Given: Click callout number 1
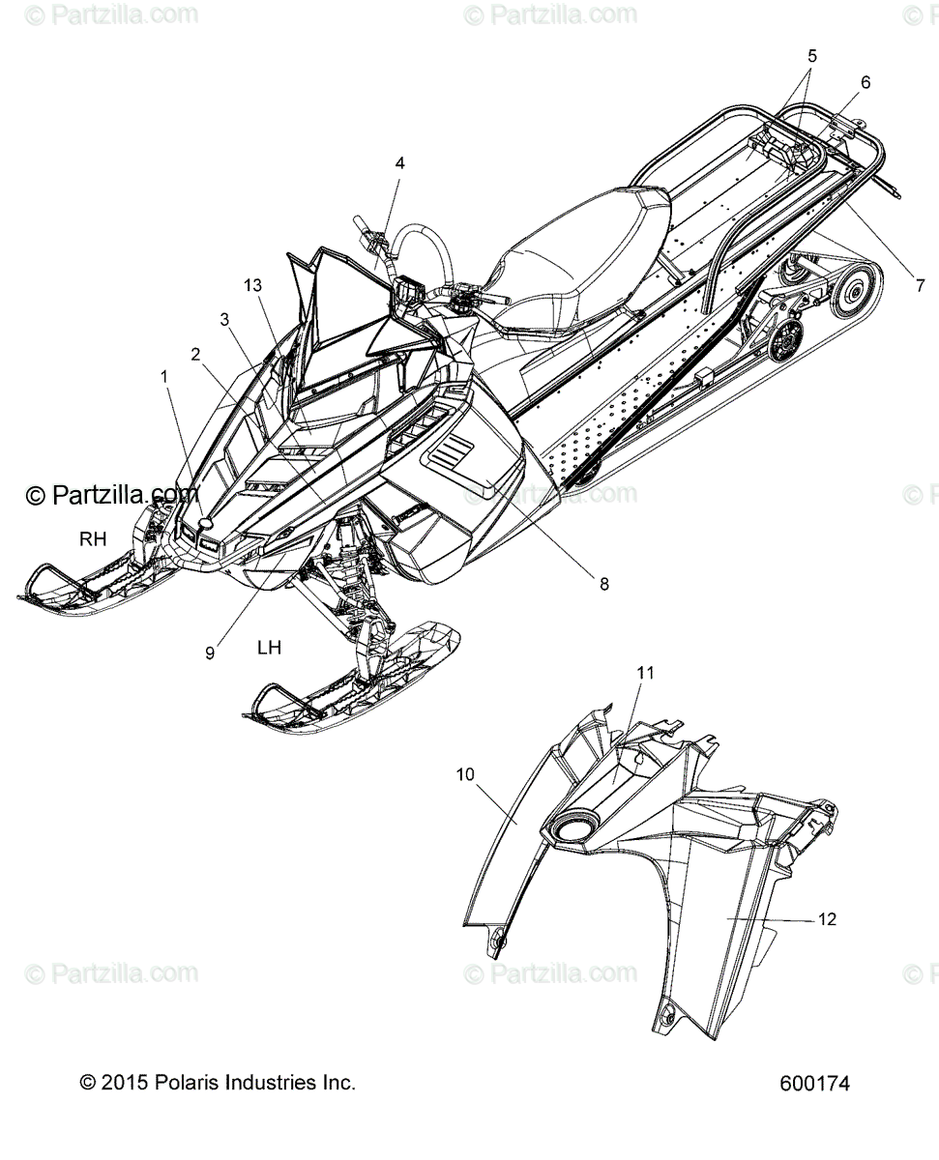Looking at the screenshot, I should point(164,376).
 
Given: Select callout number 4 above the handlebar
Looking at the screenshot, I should point(398,162).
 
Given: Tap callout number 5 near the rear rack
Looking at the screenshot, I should point(811,56).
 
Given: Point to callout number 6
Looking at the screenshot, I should point(865,82).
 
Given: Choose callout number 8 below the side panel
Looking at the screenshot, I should point(603,583).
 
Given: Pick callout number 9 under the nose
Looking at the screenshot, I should point(210,652).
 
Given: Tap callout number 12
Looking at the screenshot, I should point(827,918).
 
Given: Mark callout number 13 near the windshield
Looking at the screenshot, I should point(253,285).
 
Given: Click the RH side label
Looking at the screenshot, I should point(93,537).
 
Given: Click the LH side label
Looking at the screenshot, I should point(269,647).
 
